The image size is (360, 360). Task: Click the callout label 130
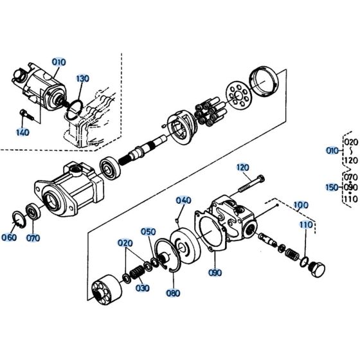pyautogui.click(x=82, y=78)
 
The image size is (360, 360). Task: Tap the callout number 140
pyautogui.click(x=23, y=133)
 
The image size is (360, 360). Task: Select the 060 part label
pyautogui.click(x=9, y=237)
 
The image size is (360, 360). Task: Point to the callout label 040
pyautogui.click(x=183, y=200)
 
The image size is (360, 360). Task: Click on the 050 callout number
pyautogui.click(x=148, y=231)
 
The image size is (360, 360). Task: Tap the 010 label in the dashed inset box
pyautogui.click(x=59, y=62)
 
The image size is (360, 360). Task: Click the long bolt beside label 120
pyautogui.click(x=251, y=183)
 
